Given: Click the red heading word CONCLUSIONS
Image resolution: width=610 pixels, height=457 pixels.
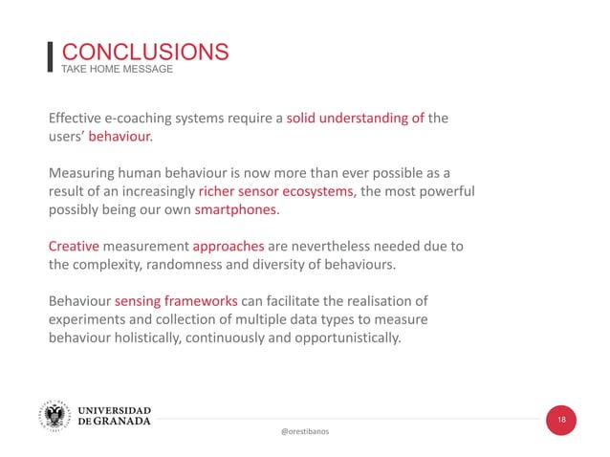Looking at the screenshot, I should click(144, 52).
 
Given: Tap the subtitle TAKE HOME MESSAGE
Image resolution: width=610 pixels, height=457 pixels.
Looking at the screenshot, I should click(117, 70).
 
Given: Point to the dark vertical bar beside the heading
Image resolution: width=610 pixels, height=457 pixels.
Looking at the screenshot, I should click(51, 56).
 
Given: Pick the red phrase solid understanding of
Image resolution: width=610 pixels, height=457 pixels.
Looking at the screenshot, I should click(356, 119).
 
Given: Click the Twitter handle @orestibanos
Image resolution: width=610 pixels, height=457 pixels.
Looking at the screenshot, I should click(305, 432).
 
